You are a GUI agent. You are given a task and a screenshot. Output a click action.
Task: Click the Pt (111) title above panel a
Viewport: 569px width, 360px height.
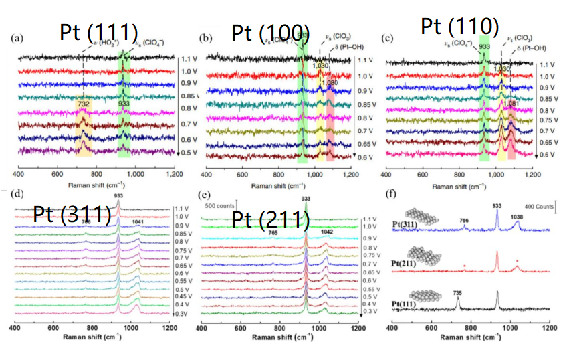pos(99,33)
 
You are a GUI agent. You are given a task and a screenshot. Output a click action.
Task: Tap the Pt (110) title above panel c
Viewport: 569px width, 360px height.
pos(461,27)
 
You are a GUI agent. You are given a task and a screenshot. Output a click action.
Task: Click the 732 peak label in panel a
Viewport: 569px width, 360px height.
pos(83,104)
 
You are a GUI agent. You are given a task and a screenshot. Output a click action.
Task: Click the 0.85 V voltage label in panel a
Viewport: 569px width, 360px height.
pos(189,96)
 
